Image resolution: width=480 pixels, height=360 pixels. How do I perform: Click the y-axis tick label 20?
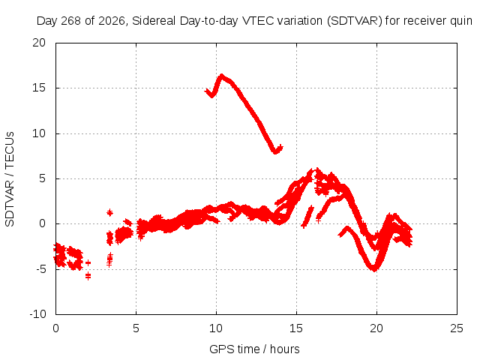click(39, 43)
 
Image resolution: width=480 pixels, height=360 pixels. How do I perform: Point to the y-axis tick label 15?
click(39, 88)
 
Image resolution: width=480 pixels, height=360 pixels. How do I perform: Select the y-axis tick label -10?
click(37, 314)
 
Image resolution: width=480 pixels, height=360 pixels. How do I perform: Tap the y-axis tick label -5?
click(40, 269)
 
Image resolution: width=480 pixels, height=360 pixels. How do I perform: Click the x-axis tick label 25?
click(457, 328)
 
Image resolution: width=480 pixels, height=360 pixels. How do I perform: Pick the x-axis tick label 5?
click(136, 328)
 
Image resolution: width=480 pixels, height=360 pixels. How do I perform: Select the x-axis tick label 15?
click(296, 328)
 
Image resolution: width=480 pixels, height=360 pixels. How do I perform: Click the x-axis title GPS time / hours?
click(254, 349)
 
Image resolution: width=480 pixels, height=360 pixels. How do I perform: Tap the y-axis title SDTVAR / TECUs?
click(10, 179)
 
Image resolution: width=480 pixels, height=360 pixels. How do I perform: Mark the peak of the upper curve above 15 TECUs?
click(222, 75)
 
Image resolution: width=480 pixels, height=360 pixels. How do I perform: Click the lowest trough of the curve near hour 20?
click(373, 269)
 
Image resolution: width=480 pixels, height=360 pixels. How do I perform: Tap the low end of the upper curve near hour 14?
click(276, 151)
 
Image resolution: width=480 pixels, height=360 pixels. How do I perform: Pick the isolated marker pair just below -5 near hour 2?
click(88, 276)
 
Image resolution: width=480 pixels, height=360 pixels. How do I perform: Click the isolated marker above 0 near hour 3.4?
click(109, 212)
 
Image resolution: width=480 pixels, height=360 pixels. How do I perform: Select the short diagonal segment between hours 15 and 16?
click(307, 217)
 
